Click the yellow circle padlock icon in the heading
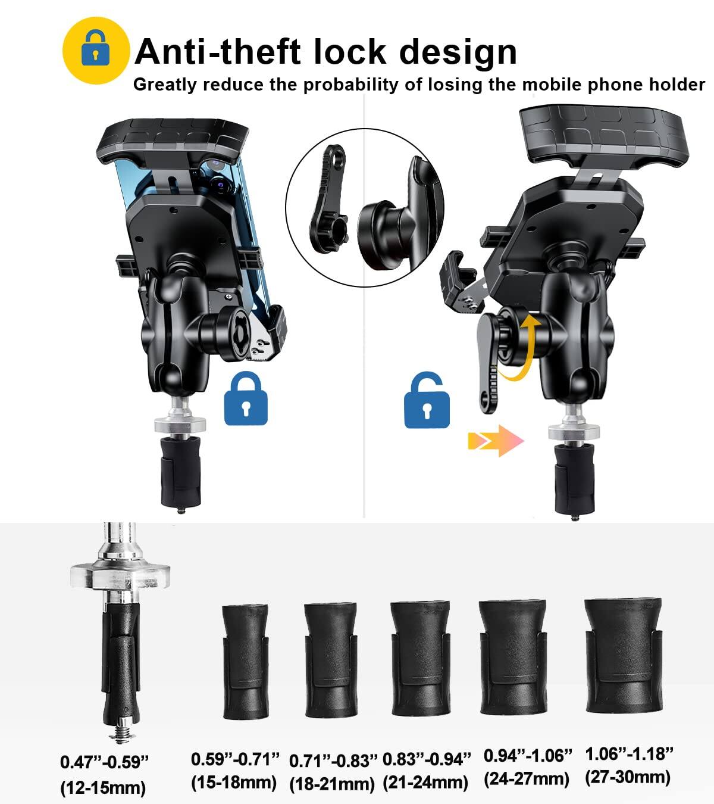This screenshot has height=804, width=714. (x=96, y=51)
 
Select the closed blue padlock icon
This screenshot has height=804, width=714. (x=246, y=398)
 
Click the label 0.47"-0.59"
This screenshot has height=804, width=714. (x=104, y=762)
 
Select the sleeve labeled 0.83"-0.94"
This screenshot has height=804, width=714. (x=420, y=657)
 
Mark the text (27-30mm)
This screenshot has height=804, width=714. (x=628, y=777)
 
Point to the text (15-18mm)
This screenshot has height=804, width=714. (x=234, y=781)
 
